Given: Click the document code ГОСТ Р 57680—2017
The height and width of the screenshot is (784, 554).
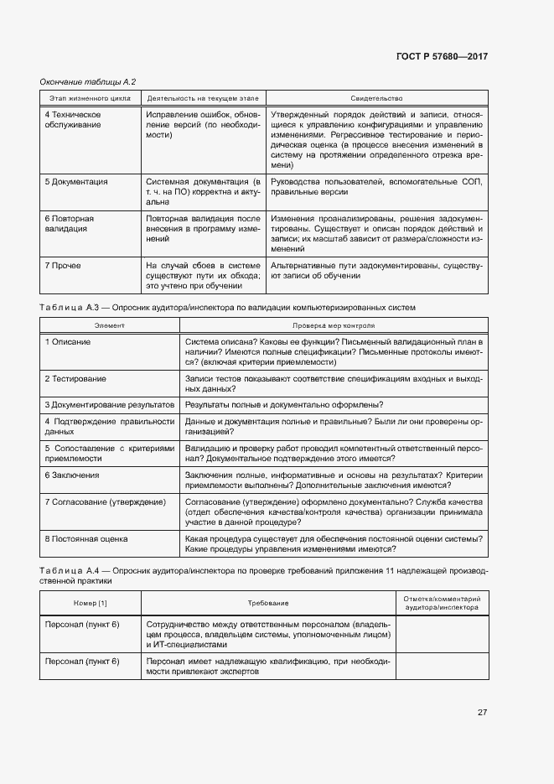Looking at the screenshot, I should pos(442,56).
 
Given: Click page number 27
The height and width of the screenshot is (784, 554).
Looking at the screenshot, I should pos(483,712).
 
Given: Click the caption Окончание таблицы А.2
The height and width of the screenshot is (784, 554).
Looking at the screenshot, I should pos(88,81).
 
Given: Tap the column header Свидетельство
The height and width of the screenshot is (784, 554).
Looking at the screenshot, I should pos(376,98).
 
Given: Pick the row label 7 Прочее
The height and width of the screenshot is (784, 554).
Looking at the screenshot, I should pos(63,265).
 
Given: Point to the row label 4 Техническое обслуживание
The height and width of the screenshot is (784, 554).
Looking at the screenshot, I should pos(73,119).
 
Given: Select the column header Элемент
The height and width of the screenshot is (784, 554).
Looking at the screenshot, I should pos(109,325).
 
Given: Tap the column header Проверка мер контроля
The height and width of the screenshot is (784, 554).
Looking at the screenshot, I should pos(334,325).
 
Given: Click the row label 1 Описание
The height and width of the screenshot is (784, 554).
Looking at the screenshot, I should pos(68,342).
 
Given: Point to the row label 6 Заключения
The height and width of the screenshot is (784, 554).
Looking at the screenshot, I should pos(72,475).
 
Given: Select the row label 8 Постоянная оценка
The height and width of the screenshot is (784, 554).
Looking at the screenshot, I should pos(86,538).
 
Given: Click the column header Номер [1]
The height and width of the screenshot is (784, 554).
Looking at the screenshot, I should pos(91,603).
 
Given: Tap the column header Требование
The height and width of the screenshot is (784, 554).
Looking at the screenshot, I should pos(268,603).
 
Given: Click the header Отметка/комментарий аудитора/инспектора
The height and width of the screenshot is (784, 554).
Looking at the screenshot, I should pos(442,603).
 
